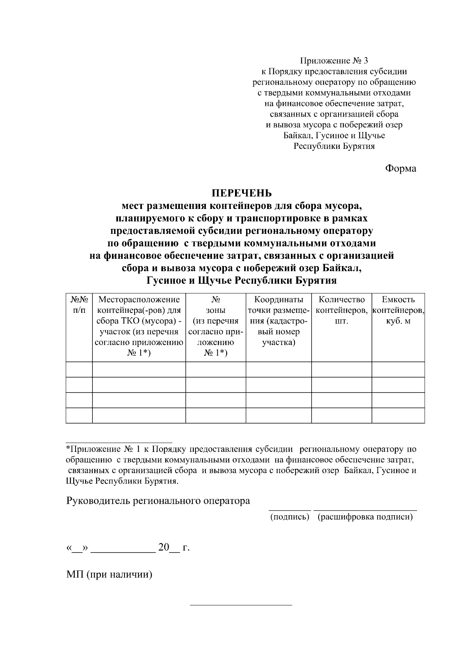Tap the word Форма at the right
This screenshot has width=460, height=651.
[400, 168]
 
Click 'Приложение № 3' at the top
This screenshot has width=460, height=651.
[333, 61]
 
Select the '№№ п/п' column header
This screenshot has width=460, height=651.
[79, 305]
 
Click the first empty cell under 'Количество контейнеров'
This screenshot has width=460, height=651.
[341, 370]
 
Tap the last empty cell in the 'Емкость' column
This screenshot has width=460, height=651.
[398, 416]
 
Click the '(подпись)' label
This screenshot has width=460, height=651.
[290, 517]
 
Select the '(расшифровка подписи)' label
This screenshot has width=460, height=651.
[365, 517]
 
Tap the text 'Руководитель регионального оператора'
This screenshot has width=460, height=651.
[158, 501]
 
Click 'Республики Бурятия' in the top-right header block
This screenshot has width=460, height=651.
[334, 146]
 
